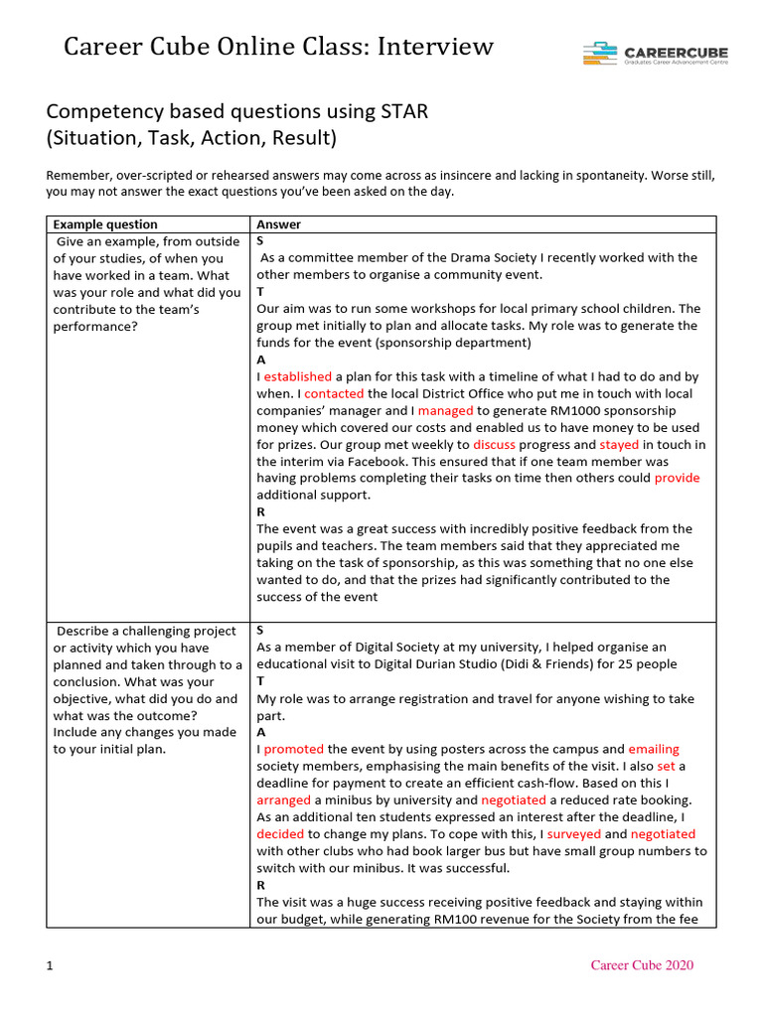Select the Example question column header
click(105, 224)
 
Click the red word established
click(298, 376)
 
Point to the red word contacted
click(334, 393)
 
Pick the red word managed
click(445, 410)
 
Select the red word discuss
click(493, 444)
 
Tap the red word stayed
click(619, 444)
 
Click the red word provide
click(677, 478)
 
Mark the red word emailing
click(654, 749)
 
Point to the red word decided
click(280, 833)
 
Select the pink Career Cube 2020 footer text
click(642, 965)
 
